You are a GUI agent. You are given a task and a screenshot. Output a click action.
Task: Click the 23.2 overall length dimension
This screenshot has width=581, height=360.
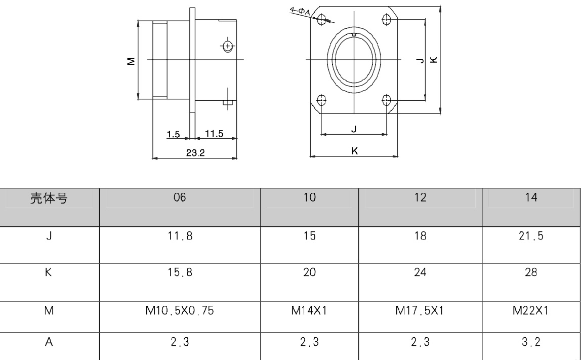pos(195,153)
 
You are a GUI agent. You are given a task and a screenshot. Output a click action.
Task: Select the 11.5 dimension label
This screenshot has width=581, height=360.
pos(214,133)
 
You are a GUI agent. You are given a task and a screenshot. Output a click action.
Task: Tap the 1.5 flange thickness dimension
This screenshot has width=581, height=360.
pos(174,134)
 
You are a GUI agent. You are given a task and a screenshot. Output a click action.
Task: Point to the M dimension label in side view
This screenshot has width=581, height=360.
pos(131,61)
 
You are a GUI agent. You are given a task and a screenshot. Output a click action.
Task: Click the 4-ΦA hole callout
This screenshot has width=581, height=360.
pos(300,11)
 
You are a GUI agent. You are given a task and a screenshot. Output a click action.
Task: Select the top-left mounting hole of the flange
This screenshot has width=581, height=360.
pos(321,19)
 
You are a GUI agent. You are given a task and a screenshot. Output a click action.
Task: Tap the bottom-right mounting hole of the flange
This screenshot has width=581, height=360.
pos(387,100)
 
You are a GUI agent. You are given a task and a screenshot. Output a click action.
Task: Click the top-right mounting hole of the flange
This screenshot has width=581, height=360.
pos(387,19)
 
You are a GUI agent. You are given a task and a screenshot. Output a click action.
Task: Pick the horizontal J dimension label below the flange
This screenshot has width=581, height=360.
pos(354,129)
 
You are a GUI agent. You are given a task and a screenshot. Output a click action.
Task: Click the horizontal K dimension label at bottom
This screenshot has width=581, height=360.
pos(354,150)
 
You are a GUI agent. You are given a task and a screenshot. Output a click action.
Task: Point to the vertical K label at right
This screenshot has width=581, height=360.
pos(434,60)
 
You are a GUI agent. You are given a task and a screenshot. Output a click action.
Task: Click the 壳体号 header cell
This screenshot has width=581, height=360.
pos(49,198)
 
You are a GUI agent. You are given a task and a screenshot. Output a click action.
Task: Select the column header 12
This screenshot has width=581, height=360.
pos(420,198)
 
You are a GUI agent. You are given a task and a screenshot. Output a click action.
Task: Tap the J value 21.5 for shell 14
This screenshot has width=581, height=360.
pos(531,236)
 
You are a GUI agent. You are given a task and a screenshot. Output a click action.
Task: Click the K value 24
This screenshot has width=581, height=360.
pos(420,273)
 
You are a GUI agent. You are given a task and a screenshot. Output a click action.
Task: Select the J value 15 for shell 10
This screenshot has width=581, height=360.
pos(309,236)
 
